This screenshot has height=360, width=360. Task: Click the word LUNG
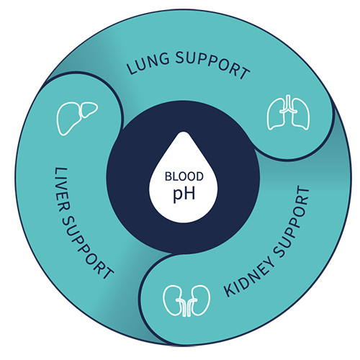coord(148,63)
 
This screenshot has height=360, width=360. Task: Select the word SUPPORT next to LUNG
coord(212,65)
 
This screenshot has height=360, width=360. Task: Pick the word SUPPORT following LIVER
coord(86,247)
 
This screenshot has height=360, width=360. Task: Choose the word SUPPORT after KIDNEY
coord(292,221)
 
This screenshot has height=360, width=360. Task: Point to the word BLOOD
coord(184,176)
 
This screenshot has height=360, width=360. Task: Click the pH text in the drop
coord(184,194)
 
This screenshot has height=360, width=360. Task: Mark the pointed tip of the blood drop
coord(184,132)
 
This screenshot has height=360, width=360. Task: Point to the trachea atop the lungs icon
coord(288,103)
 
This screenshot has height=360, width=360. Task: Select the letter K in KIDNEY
coord(230,290)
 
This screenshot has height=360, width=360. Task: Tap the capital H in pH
coord(189,193)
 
